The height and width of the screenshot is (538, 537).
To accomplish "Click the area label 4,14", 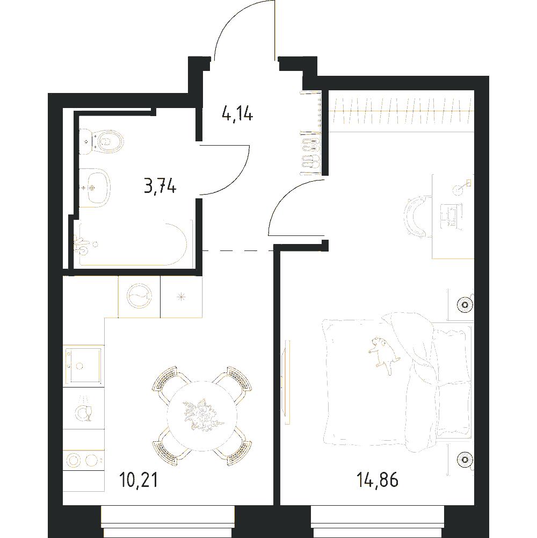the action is [x=237, y=114].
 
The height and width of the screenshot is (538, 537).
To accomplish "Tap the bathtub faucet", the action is [x=82, y=244].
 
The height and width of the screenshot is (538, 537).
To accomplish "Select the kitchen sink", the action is [x=84, y=365].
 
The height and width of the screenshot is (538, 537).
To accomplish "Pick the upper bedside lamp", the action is [x=466, y=304].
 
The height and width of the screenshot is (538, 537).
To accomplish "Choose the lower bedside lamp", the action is [x=466, y=458].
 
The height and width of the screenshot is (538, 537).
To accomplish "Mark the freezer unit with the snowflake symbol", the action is [x=182, y=297].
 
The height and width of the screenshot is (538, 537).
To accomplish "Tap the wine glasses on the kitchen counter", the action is [x=84, y=408].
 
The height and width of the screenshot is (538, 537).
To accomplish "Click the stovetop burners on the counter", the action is [x=84, y=460].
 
